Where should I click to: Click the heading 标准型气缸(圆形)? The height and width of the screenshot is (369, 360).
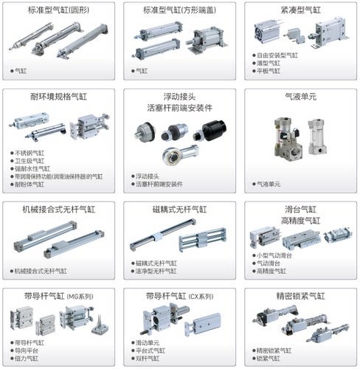59,10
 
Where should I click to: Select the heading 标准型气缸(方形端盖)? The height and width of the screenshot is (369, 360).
180,10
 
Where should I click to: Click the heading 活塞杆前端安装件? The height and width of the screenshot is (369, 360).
179,108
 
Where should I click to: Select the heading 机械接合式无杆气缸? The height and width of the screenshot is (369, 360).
59,210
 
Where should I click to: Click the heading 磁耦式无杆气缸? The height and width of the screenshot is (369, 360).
179,210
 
